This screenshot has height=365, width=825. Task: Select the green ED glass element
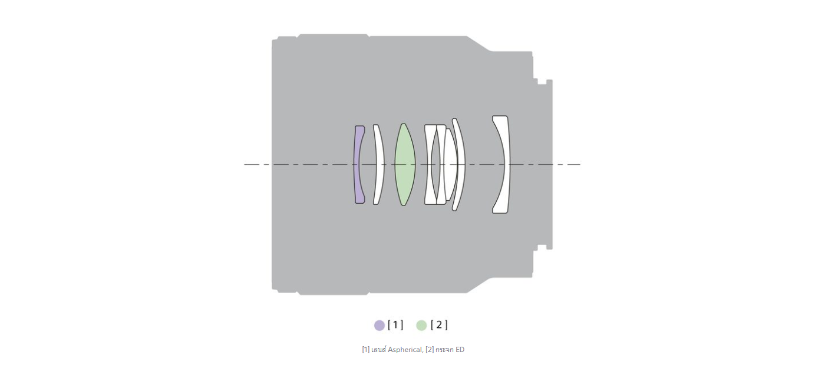pos(405,164)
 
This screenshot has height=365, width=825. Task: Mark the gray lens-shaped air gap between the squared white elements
pos(435,164)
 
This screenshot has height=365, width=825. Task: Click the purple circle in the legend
pos(379,325)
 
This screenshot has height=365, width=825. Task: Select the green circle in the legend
pos(421,325)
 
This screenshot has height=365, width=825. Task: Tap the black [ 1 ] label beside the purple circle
pos(395,325)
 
